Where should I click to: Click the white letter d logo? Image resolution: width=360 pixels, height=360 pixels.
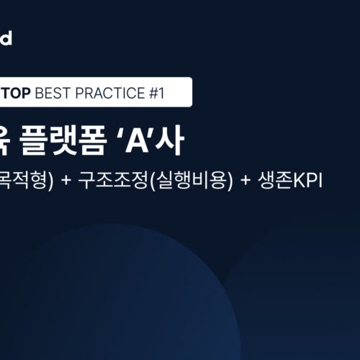tap(6, 38)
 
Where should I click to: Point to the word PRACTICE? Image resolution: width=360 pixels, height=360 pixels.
tap(108, 93)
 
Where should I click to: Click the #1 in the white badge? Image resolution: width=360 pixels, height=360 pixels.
tap(158, 93)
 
